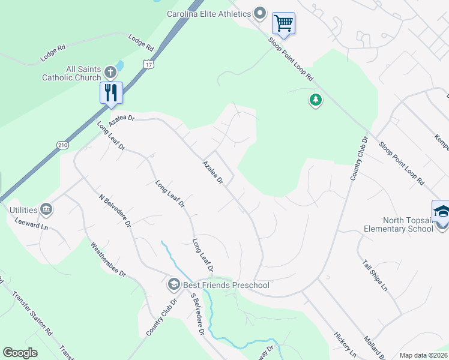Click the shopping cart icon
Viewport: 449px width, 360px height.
pyautogui.click(x=283, y=24)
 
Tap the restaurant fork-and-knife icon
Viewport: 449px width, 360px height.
pyautogui.click(x=111, y=93)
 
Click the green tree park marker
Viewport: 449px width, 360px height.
pyautogui.click(x=316, y=100)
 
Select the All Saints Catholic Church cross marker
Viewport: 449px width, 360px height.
pyautogui.click(x=110, y=73)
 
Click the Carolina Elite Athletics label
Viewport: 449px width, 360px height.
pyautogui.click(x=209, y=14)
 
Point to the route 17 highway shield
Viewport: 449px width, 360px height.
pyautogui.click(x=148, y=64)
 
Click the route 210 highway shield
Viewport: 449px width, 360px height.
pyautogui.click(x=62, y=145)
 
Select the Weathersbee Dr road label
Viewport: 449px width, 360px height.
pyautogui.click(x=108, y=259)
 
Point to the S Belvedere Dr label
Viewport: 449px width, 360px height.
pyautogui.click(x=197, y=314)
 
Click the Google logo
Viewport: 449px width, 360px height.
pyautogui.click(x=20, y=353)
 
